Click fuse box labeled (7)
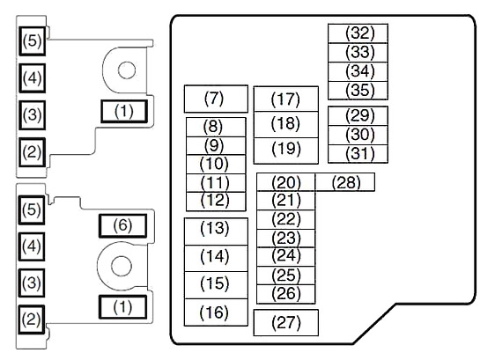[x=216, y=99]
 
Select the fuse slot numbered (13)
[x=216, y=231]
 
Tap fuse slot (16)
[x=216, y=312]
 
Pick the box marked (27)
[x=286, y=323]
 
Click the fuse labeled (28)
[x=345, y=182]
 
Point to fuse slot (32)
[x=358, y=33]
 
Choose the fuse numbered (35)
[x=358, y=91]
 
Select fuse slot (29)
[x=358, y=116]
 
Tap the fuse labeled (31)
[x=358, y=154]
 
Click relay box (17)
[x=286, y=99]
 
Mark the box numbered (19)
[x=286, y=151]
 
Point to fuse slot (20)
[x=286, y=182]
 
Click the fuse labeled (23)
[x=286, y=239]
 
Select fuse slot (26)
[x=286, y=294]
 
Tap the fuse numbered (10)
[x=216, y=165]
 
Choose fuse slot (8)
[x=216, y=127]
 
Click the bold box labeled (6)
[x=122, y=225]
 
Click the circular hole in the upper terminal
[x=127, y=70]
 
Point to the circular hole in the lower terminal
[x=122, y=266]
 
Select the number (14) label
[x=215, y=256]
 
